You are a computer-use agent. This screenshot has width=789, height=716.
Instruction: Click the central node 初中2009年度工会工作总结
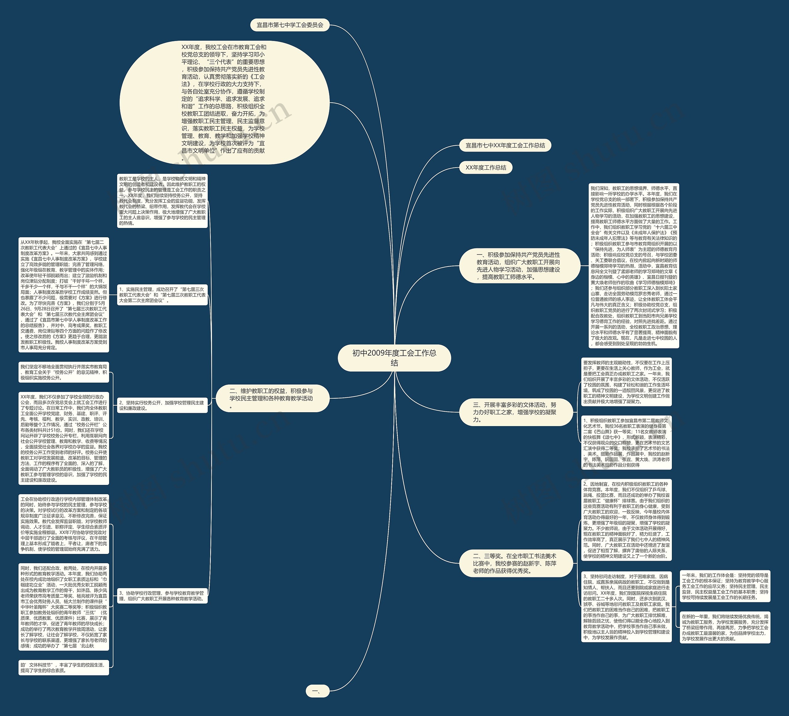(394, 358)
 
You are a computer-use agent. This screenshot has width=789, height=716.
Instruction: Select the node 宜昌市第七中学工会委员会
(290, 25)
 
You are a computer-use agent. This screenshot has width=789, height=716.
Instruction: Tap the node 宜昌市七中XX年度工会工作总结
(505, 145)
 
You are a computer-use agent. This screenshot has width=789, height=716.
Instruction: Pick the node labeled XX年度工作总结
(486, 168)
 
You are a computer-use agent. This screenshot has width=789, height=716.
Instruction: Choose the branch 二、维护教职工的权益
(272, 398)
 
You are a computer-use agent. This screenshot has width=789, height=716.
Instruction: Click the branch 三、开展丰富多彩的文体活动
(516, 412)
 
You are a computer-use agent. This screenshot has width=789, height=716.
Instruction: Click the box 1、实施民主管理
(162, 295)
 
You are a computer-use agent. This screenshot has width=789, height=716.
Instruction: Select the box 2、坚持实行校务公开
(162, 405)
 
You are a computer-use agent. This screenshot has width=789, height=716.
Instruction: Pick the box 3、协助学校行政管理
(162, 596)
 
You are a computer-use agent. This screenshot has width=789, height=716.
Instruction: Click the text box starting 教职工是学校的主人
(162, 201)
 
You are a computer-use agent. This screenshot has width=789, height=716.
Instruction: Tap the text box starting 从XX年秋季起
(64, 295)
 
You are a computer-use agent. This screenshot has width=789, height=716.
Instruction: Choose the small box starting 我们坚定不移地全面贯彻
(64, 372)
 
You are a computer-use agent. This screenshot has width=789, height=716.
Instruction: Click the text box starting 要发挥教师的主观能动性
(626, 382)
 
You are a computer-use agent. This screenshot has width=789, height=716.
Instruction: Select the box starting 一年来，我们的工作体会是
(725, 586)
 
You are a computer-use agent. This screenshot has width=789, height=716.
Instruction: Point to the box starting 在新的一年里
(725, 628)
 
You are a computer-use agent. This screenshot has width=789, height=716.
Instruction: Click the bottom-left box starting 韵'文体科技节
(64, 668)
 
